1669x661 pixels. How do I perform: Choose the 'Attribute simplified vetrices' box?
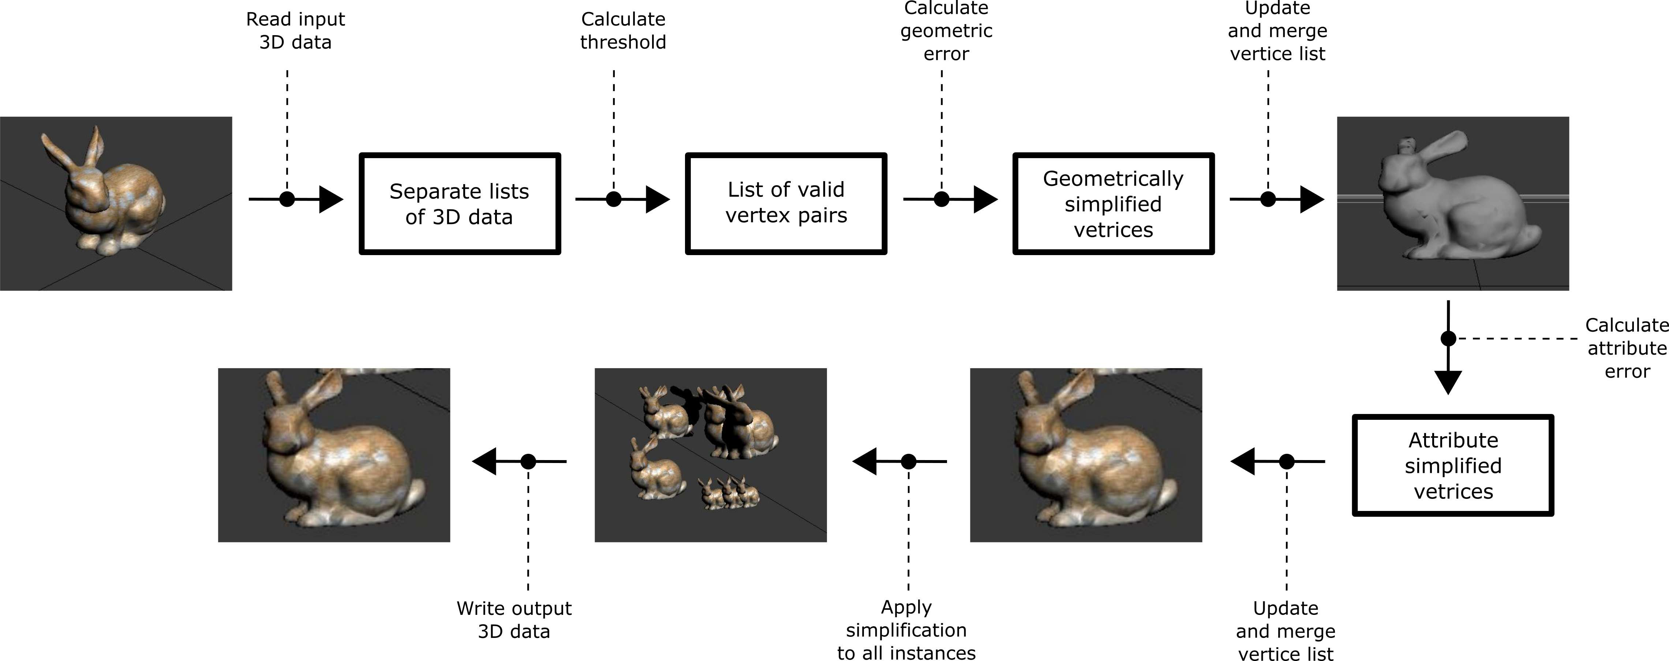point(1453,465)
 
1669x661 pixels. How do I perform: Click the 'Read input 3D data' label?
point(295,30)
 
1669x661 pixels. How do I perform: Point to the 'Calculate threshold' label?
point(623,30)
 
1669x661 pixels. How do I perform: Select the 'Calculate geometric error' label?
point(946,30)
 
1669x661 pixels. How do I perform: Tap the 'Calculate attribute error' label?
point(1626,348)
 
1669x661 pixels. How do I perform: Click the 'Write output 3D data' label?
point(514,620)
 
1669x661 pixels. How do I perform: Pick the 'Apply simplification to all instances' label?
point(906,630)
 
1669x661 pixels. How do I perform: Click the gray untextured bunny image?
point(1453,203)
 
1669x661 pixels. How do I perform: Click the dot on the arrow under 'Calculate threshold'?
point(614,199)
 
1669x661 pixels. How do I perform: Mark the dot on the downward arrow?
point(1448,338)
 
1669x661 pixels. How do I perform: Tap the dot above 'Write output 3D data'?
point(528,462)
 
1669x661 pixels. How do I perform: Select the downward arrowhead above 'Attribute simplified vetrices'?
point(1448,382)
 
